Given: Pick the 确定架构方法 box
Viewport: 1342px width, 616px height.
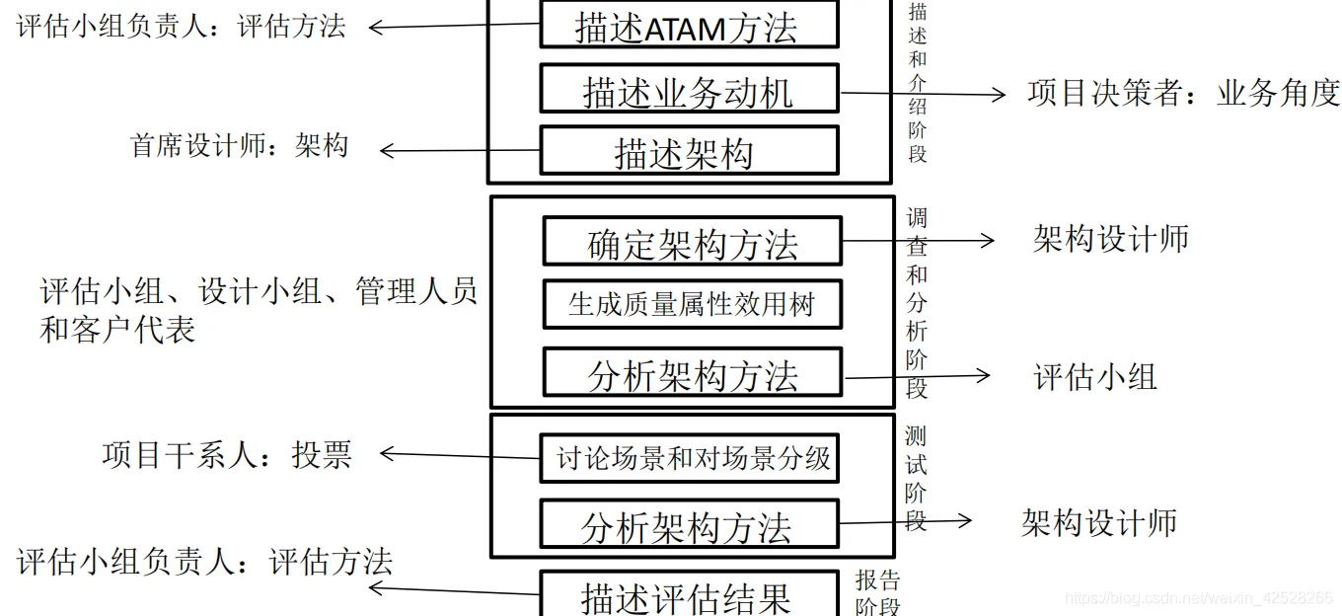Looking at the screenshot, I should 692,242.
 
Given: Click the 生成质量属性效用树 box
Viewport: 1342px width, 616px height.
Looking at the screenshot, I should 692,304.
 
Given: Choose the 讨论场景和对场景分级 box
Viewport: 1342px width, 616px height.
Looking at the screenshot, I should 689,458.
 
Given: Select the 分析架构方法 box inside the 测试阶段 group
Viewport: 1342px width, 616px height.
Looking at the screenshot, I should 689,525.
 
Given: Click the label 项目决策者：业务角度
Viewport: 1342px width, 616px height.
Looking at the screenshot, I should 1182,93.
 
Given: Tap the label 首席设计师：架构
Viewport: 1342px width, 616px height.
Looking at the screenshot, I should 240,146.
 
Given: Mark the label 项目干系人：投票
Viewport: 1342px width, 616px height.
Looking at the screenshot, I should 226,454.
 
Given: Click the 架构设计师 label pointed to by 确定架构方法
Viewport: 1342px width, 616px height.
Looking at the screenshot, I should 1110,239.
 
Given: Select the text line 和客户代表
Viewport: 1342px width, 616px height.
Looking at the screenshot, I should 117,330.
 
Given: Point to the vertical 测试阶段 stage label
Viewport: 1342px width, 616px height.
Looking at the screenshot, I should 916,478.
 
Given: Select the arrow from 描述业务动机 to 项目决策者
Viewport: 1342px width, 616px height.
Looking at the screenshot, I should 922,95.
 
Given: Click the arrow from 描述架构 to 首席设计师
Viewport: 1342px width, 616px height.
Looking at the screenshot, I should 460,151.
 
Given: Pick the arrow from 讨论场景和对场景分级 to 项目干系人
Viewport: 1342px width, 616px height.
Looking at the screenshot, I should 460,455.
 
